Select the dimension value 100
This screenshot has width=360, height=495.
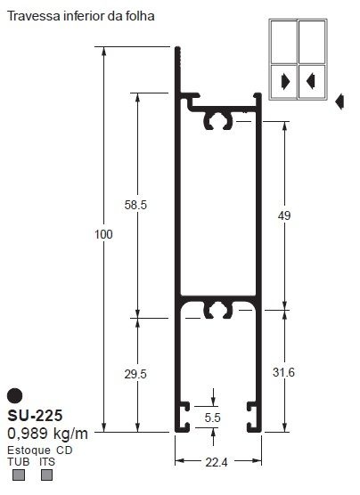tap(103, 234)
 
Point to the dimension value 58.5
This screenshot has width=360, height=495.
tap(136, 204)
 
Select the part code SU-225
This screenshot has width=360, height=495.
tap(35, 416)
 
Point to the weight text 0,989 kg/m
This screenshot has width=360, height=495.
tap(47, 434)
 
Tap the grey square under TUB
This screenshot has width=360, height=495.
tap(17, 475)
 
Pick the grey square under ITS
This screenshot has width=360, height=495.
tap(47, 475)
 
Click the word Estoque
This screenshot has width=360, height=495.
tap(28, 450)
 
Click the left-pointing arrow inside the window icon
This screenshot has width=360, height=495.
tap(310, 81)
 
